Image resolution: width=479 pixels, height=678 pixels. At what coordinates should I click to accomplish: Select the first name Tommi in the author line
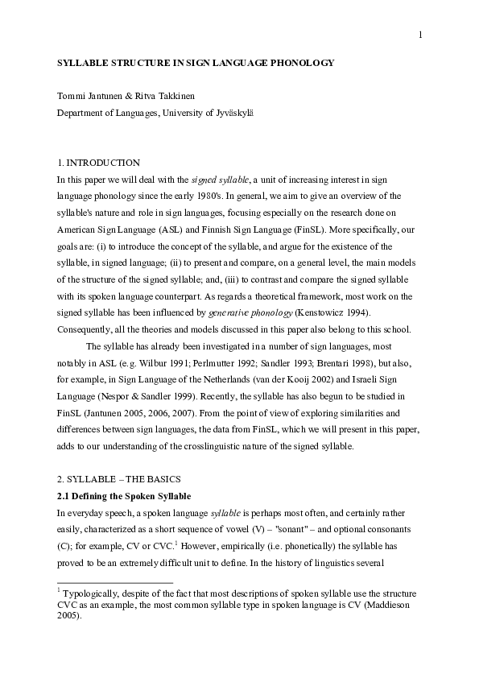point(70,97)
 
